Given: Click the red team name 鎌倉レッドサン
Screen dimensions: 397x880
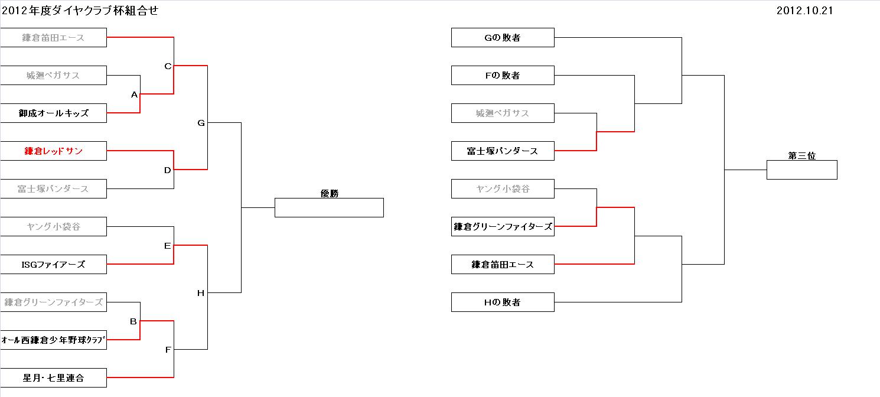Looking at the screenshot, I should point(53,151).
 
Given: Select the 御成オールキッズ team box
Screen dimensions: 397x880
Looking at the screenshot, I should point(53,113).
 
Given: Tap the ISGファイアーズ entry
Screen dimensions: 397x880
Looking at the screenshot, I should point(53,265).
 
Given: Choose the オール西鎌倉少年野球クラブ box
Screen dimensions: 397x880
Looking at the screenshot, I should point(53,340).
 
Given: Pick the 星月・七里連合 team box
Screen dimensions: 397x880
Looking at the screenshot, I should point(53,378).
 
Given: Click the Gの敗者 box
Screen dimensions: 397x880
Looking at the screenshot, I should point(503,38).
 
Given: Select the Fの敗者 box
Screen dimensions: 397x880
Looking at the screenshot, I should point(503,76).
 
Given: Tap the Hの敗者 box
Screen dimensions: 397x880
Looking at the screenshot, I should point(503,302).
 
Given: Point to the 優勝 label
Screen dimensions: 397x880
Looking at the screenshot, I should point(330,193).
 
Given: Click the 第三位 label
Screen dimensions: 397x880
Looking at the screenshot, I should point(801,156).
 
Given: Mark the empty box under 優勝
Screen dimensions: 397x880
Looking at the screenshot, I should point(329,208).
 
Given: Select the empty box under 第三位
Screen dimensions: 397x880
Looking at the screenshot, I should point(801,170).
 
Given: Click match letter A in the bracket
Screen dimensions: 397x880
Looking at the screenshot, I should point(134,95).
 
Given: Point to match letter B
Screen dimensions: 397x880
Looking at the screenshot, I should point(133,321).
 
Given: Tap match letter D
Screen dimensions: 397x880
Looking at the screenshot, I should point(167,170).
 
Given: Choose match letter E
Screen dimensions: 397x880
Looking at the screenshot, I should point(167,246).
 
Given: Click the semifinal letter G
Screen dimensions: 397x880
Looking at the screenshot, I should point(201,123).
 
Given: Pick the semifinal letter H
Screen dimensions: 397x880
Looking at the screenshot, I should point(201,293).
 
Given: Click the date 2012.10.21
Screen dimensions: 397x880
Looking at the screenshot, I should point(804,11).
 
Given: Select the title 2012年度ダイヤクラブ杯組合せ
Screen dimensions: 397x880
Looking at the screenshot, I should point(80,11).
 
